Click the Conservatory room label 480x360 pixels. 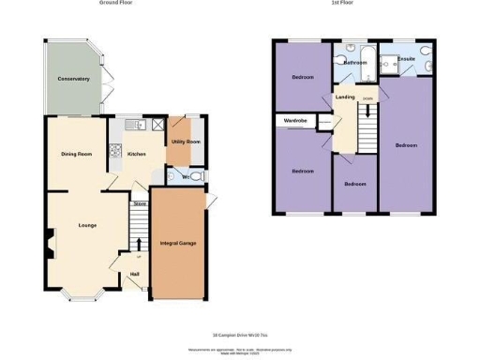tap(72, 79)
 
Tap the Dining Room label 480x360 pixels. tap(76, 154)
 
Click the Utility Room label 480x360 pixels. tap(185, 142)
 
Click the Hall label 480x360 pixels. tap(135, 274)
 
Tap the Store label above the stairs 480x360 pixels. tap(140, 202)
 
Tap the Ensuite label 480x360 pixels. tap(406, 58)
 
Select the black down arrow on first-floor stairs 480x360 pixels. tap(368, 111)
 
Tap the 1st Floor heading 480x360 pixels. tap(346, 3)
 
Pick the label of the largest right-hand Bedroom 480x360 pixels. tap(406, 145)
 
